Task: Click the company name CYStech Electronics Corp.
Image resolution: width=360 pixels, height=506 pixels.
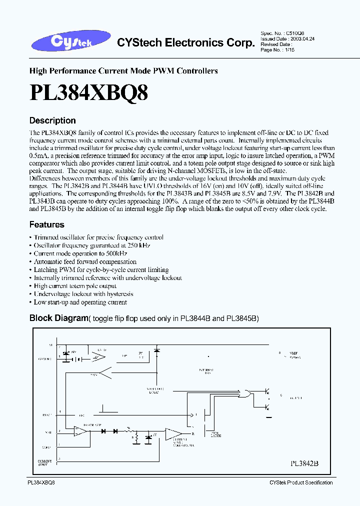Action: click(185, 43)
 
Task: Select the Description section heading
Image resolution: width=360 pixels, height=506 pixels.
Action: click(52, 120)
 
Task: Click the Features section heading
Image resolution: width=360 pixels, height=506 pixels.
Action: click(46, 224)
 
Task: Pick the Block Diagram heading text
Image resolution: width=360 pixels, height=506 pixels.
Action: click(58, 318)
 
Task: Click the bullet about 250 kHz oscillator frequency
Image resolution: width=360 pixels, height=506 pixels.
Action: click(91, 245)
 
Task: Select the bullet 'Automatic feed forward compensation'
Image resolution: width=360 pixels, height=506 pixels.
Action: click(84, 261)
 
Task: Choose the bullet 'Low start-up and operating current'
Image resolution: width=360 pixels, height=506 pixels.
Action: click(80, 302)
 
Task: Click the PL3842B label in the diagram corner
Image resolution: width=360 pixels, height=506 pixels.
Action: click(304, 463)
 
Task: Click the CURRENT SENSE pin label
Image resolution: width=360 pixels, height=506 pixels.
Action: click(44, 463)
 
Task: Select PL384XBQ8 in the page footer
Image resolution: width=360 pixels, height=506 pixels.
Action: click(40, 482)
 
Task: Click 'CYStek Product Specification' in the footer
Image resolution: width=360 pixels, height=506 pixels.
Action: click(300, 482)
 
